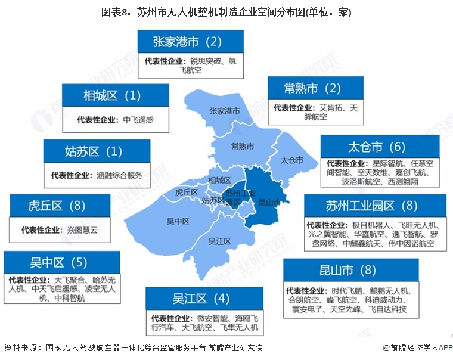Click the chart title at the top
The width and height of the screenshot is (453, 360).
(x=227, y=12)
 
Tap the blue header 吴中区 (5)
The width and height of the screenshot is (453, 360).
(x=59, y=262)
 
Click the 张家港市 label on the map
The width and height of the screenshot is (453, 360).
(x=225, y=111)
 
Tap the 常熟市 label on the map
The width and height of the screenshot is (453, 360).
(x=243, y=146)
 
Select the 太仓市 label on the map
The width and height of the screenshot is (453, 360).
(x=291, y=160)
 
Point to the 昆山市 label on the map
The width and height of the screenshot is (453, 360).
(x=269, y=203)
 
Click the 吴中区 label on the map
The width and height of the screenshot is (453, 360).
(x=177, y=221)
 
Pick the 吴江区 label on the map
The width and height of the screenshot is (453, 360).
(x=219, y=241)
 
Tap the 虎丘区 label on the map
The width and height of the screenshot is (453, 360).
(x=187, y=193)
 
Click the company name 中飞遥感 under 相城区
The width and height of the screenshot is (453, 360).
(x=138, y=120)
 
